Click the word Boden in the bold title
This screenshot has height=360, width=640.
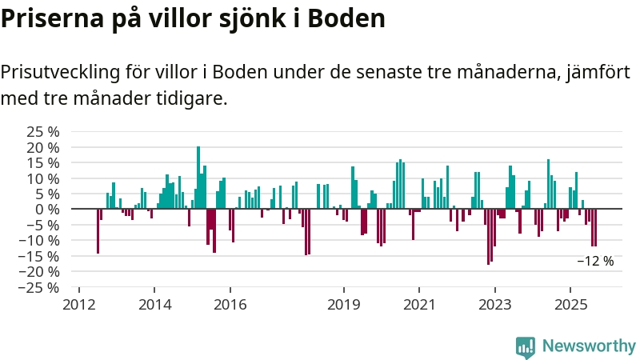tap(347, 18)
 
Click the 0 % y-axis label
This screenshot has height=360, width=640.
tap(49, 209)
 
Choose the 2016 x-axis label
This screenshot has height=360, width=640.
tap(230, 305)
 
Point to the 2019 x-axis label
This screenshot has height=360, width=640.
tap(344, 305)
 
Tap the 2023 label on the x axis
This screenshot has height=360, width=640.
tap(495, 305)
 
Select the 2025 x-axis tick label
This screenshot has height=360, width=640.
tap(570, 305)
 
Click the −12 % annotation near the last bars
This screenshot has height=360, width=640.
tap(595, 261)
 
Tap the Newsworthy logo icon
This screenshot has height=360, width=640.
tap(526, 346)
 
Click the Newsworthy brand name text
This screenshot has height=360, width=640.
tap(589, 346)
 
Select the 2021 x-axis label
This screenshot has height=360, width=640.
tap(419, 305)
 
